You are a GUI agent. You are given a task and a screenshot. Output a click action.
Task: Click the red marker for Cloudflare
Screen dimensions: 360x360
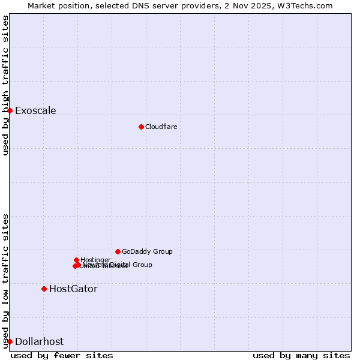[141, 127]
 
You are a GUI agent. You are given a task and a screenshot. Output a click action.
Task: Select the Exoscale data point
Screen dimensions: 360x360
[10, 110]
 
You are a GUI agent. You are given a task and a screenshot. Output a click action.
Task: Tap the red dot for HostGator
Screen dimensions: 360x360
[44, 289]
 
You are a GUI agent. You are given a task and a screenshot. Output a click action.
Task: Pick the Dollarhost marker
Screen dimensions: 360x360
[10, 341]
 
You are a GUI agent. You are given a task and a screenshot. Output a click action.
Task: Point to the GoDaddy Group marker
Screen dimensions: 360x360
[118, 251]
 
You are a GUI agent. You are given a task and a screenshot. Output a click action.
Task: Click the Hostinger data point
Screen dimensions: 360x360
[76, 260]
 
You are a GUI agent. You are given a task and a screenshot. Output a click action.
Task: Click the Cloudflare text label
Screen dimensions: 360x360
[161, 127]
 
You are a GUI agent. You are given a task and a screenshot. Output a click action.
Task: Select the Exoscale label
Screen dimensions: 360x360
[35, 110]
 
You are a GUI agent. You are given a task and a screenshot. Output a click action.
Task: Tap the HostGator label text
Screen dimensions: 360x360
[73, 289]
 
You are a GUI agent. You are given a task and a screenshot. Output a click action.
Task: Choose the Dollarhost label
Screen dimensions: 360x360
[39, 341]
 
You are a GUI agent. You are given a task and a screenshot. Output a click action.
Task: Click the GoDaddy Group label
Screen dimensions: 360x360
[147, 251]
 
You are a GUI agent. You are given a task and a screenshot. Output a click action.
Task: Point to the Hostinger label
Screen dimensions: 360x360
[95, 260]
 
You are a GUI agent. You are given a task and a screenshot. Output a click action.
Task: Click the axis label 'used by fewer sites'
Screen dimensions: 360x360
[62, 355]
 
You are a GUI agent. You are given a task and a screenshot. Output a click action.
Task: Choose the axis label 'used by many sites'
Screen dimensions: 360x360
[301, 355]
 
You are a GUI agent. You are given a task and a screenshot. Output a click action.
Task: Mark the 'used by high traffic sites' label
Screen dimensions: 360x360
[6, 85]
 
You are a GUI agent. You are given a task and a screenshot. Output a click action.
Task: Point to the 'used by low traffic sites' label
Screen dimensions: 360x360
[6, 280]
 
